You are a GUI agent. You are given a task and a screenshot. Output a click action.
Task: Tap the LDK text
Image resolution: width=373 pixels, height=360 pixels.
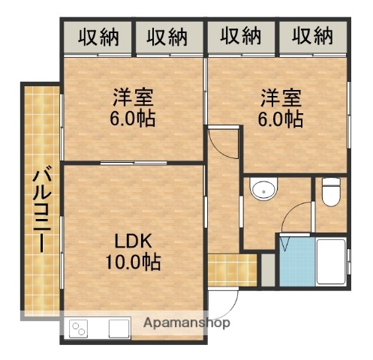(134, 241)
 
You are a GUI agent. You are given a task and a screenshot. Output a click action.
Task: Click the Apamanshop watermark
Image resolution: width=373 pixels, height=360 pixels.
(188, 323)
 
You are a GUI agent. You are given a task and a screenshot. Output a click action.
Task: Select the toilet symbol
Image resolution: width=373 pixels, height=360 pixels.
(330, 193)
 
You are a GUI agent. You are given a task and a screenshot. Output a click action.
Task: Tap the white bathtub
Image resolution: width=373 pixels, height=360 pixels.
(329, 262)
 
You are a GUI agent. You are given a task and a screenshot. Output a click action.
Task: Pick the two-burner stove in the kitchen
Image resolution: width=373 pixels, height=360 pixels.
(80, 328)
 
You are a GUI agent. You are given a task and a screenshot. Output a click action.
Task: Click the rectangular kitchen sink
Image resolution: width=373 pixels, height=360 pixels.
(120, 328)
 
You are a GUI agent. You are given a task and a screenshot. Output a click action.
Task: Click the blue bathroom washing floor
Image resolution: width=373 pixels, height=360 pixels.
(296, 263)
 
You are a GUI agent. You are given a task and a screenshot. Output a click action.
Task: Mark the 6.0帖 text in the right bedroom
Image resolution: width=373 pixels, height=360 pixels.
(281, 118)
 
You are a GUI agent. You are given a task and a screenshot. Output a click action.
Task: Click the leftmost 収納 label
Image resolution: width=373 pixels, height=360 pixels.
(98, 36)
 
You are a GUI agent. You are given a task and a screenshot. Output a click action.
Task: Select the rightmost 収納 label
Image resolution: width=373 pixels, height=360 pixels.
(313, 36)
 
